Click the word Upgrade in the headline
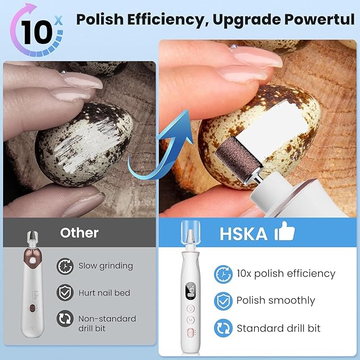253,20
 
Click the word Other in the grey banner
79,233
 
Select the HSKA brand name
243,234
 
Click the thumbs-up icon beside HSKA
284,233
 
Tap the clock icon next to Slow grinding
65,266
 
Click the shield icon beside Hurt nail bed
65,292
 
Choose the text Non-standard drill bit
107,323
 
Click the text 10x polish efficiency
286,274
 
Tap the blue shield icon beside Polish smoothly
223,301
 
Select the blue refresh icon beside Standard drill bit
223,328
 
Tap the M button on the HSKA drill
190,320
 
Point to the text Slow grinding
106,266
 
